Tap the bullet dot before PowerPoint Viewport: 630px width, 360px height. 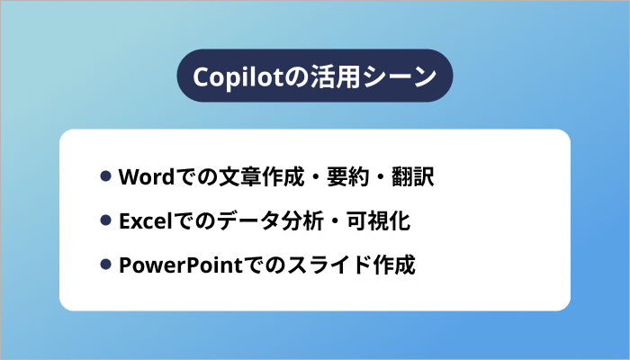click(x=106, y=266)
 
